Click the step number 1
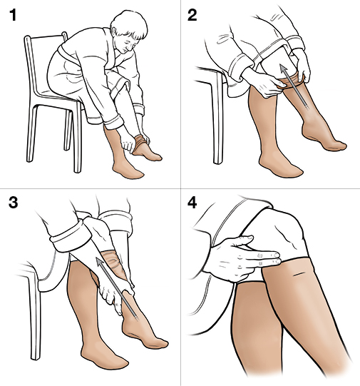(x=13, y=15)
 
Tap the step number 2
(x=192, y=15)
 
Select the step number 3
(x=13, y=203)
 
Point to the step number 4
(x=192, y=203)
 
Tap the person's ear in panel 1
(x=114, y=31)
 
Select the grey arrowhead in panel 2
(x=284, y=69)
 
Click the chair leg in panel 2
(x=217, y=118)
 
